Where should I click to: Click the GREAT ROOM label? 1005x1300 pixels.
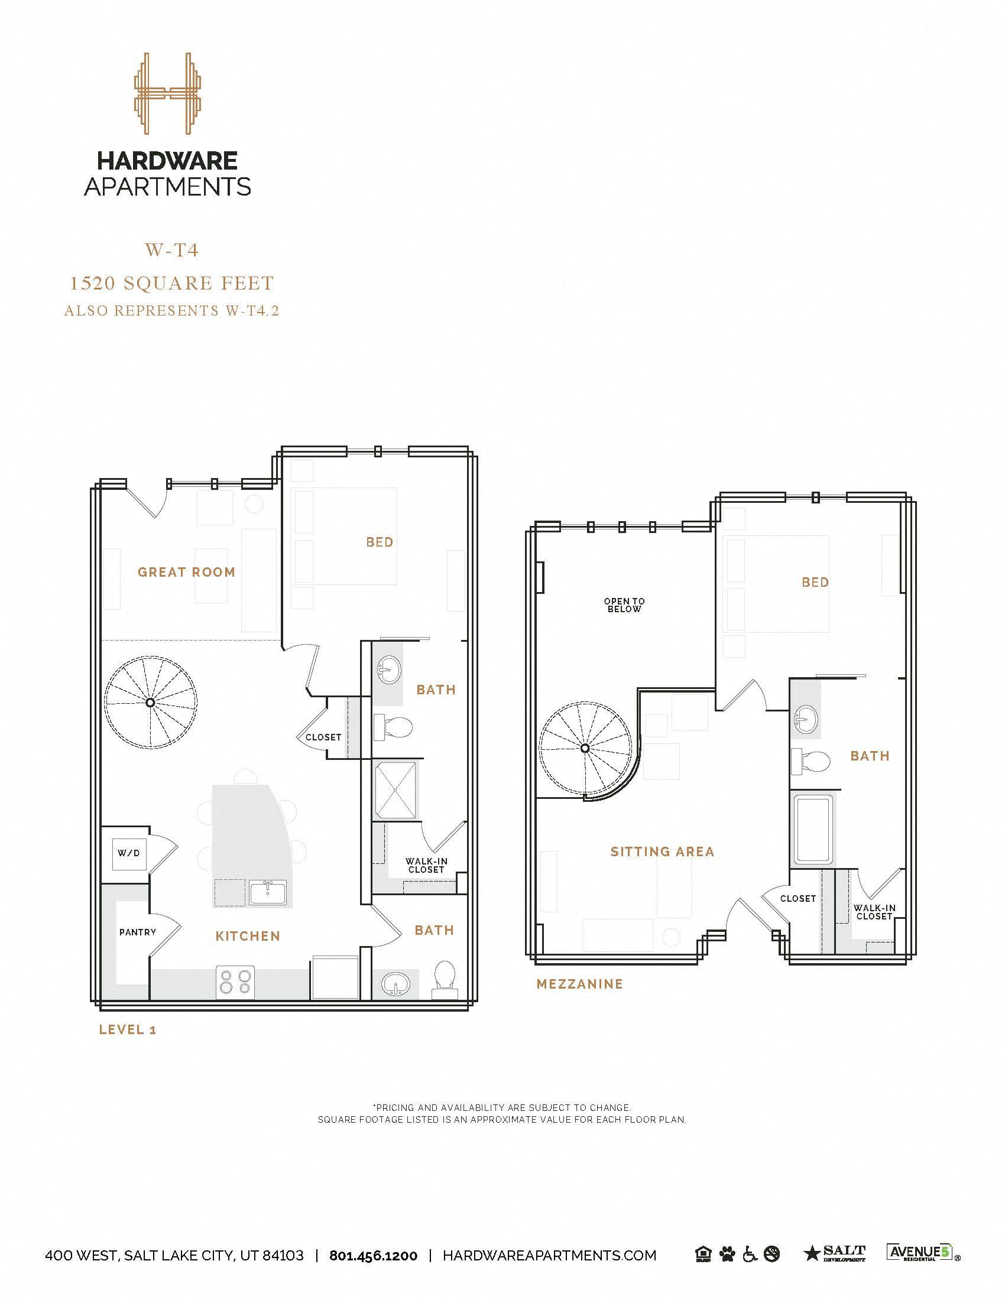(x=186, y=572)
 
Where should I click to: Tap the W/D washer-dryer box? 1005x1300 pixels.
(x=129, y=853)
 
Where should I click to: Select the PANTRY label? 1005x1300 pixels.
(x=138, y=931)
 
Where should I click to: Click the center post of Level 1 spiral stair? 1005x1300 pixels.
(x=151, y=703)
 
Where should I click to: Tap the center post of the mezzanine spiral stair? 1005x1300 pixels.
(x=585, y=747)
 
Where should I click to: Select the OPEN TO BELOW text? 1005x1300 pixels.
(x=624, y=605)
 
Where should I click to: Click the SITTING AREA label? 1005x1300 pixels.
(x=662, y=851)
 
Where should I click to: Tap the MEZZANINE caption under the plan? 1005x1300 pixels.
(x=579, y=984)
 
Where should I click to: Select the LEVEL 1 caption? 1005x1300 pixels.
(x=128, y=1029)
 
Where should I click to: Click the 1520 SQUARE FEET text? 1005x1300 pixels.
(x=171, y=283)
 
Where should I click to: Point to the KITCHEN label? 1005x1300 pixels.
(x=248, y=937)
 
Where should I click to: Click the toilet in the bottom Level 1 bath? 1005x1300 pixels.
(x=444, y=979)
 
